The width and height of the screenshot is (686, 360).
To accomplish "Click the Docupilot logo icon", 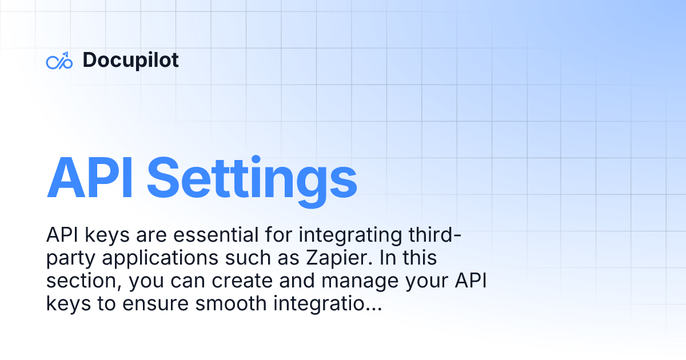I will tap(59, 61).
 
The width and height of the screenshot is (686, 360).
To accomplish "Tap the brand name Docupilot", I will tap(130, 60).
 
